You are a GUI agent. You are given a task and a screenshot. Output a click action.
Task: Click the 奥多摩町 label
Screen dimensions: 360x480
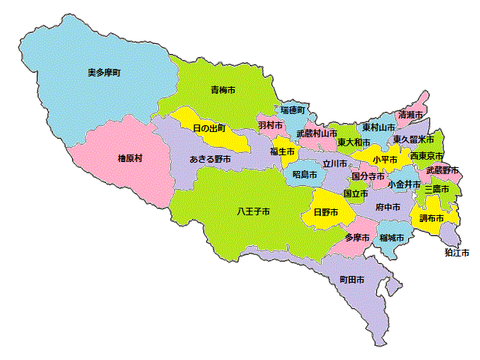coord(104,73)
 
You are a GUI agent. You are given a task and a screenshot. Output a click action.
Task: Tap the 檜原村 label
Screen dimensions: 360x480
coord(130,158)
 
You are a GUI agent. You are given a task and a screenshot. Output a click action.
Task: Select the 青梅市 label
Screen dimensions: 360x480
coord(223,90)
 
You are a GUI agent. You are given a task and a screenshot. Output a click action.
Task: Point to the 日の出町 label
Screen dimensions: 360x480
coord(209,128)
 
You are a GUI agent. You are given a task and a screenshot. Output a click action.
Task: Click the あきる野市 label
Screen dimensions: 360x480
coord(210,159)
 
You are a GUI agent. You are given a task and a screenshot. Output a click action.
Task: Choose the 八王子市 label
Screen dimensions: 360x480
coord(253,211)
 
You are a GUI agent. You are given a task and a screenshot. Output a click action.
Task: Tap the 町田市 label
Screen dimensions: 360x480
coord(352,279)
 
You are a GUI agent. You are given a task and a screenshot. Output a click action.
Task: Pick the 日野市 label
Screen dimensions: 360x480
coord(325,212)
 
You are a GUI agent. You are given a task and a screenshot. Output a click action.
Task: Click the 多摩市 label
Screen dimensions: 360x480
coord(357,238)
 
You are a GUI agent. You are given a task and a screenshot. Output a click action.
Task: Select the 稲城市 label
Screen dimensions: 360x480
coord(391,238)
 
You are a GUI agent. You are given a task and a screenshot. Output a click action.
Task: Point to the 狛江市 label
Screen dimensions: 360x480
coord(457,253)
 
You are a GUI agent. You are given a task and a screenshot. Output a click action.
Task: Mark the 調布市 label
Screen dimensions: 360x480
coord(432,218)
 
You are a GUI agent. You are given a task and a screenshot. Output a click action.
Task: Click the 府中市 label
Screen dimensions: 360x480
coord(388,206)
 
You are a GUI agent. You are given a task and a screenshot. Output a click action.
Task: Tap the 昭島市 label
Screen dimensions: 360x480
coord(304,174)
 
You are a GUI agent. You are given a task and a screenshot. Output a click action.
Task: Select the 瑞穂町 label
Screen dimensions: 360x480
coord(293,109)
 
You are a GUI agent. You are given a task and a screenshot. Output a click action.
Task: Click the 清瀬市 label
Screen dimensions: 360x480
coord(411,115)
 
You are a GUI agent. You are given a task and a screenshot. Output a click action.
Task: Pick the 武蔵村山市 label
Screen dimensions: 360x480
coord(316,133)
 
